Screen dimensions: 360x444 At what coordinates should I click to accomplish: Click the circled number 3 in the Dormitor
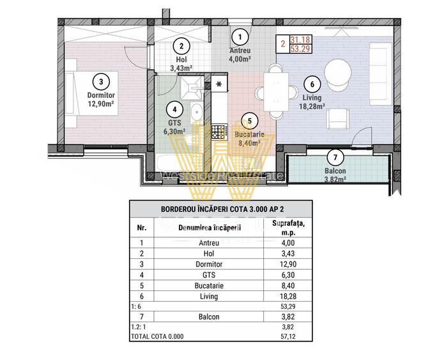tap(101, 81)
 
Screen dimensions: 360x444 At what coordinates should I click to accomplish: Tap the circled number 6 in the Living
tap(311, 84)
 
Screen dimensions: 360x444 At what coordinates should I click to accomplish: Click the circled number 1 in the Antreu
tap(240, 36)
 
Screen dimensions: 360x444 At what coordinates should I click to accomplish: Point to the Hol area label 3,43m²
tap(181, 66)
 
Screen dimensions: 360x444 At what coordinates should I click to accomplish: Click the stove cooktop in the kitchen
tap(220, 132)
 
